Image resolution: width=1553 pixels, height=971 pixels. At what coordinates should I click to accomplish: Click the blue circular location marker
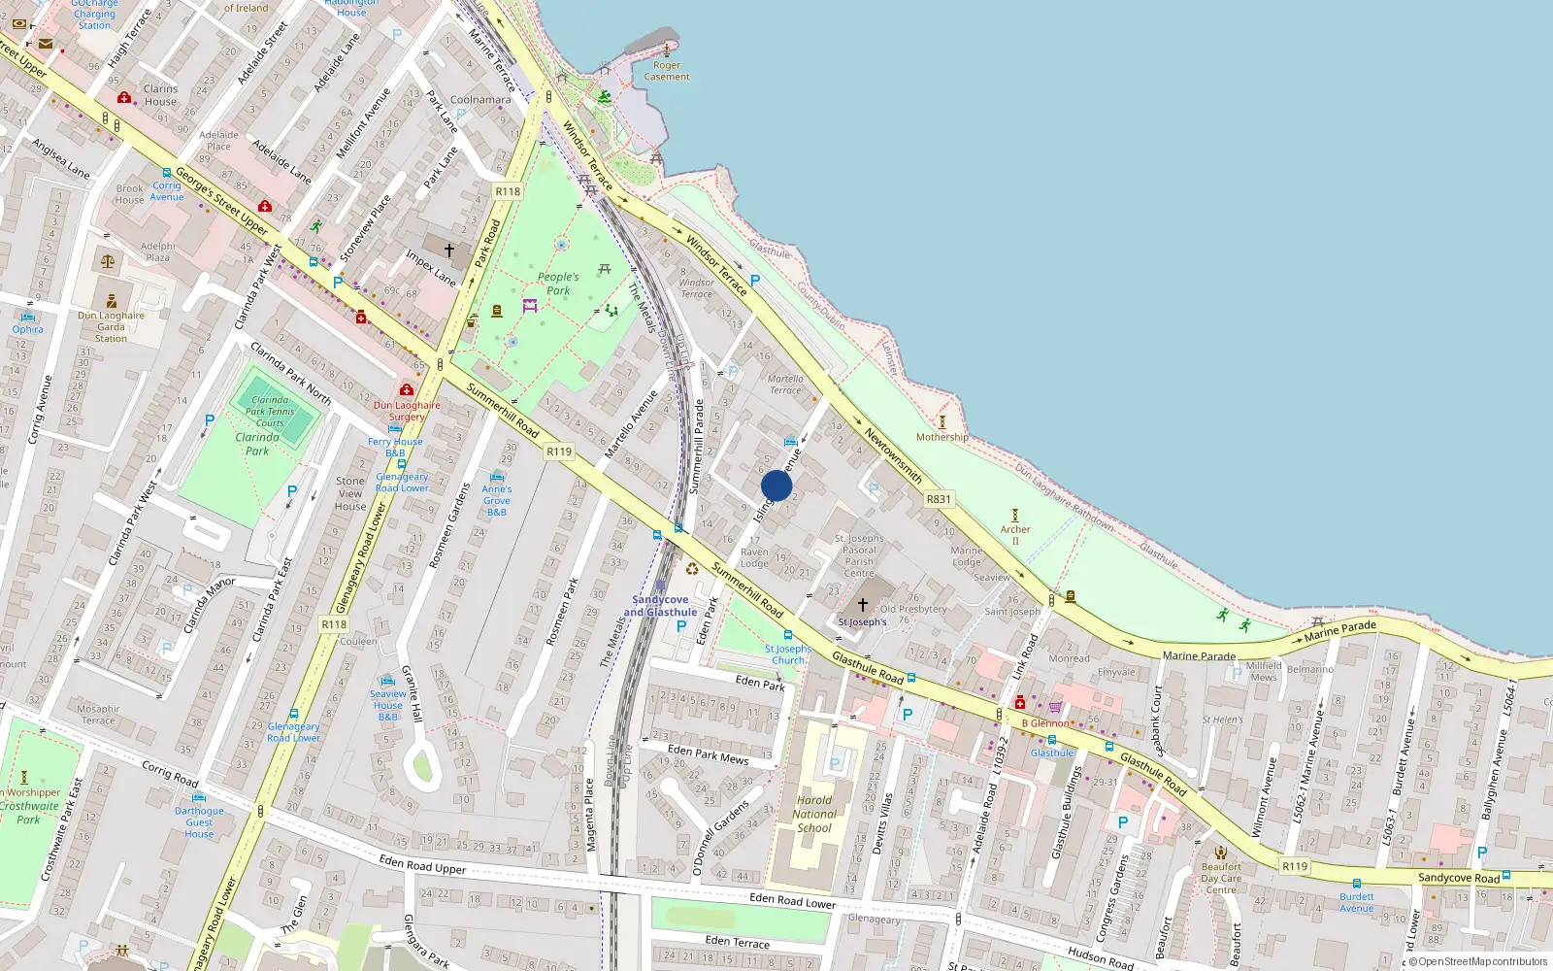point(776,485)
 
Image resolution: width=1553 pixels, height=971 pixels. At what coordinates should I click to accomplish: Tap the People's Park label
point(558,284)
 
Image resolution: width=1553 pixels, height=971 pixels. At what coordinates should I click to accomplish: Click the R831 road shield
point(939,499)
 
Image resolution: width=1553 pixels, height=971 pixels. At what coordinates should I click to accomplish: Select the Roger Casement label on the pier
point(667,71)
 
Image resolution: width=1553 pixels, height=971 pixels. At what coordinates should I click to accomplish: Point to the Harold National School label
point(814,815)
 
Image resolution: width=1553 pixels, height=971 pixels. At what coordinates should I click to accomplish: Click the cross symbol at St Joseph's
point(862,604)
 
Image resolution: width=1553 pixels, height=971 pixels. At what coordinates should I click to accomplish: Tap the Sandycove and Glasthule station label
point(660,606)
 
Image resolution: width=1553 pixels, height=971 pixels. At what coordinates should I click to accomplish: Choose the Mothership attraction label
point(942,437)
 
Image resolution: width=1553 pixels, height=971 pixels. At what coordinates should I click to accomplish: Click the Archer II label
point(1015,534)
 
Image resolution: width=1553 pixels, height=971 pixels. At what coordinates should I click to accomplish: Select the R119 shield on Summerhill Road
point(559,452)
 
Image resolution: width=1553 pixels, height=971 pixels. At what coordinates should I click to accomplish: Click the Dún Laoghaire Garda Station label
point(111,326)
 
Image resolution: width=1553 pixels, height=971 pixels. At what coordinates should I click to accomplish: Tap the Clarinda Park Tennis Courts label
point(270,412)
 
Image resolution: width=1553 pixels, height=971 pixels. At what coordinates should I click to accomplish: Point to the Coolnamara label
point(480,99)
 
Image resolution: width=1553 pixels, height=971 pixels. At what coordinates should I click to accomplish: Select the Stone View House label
point(350,493)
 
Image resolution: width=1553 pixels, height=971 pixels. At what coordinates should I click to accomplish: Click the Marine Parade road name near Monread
point(1199,656)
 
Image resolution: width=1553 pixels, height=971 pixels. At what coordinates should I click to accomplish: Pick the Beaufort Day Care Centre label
point(1221,878)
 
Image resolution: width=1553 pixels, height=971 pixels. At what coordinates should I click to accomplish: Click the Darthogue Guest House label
point(199,821)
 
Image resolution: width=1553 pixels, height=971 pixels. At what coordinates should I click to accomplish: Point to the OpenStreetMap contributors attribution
point(1482,962)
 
